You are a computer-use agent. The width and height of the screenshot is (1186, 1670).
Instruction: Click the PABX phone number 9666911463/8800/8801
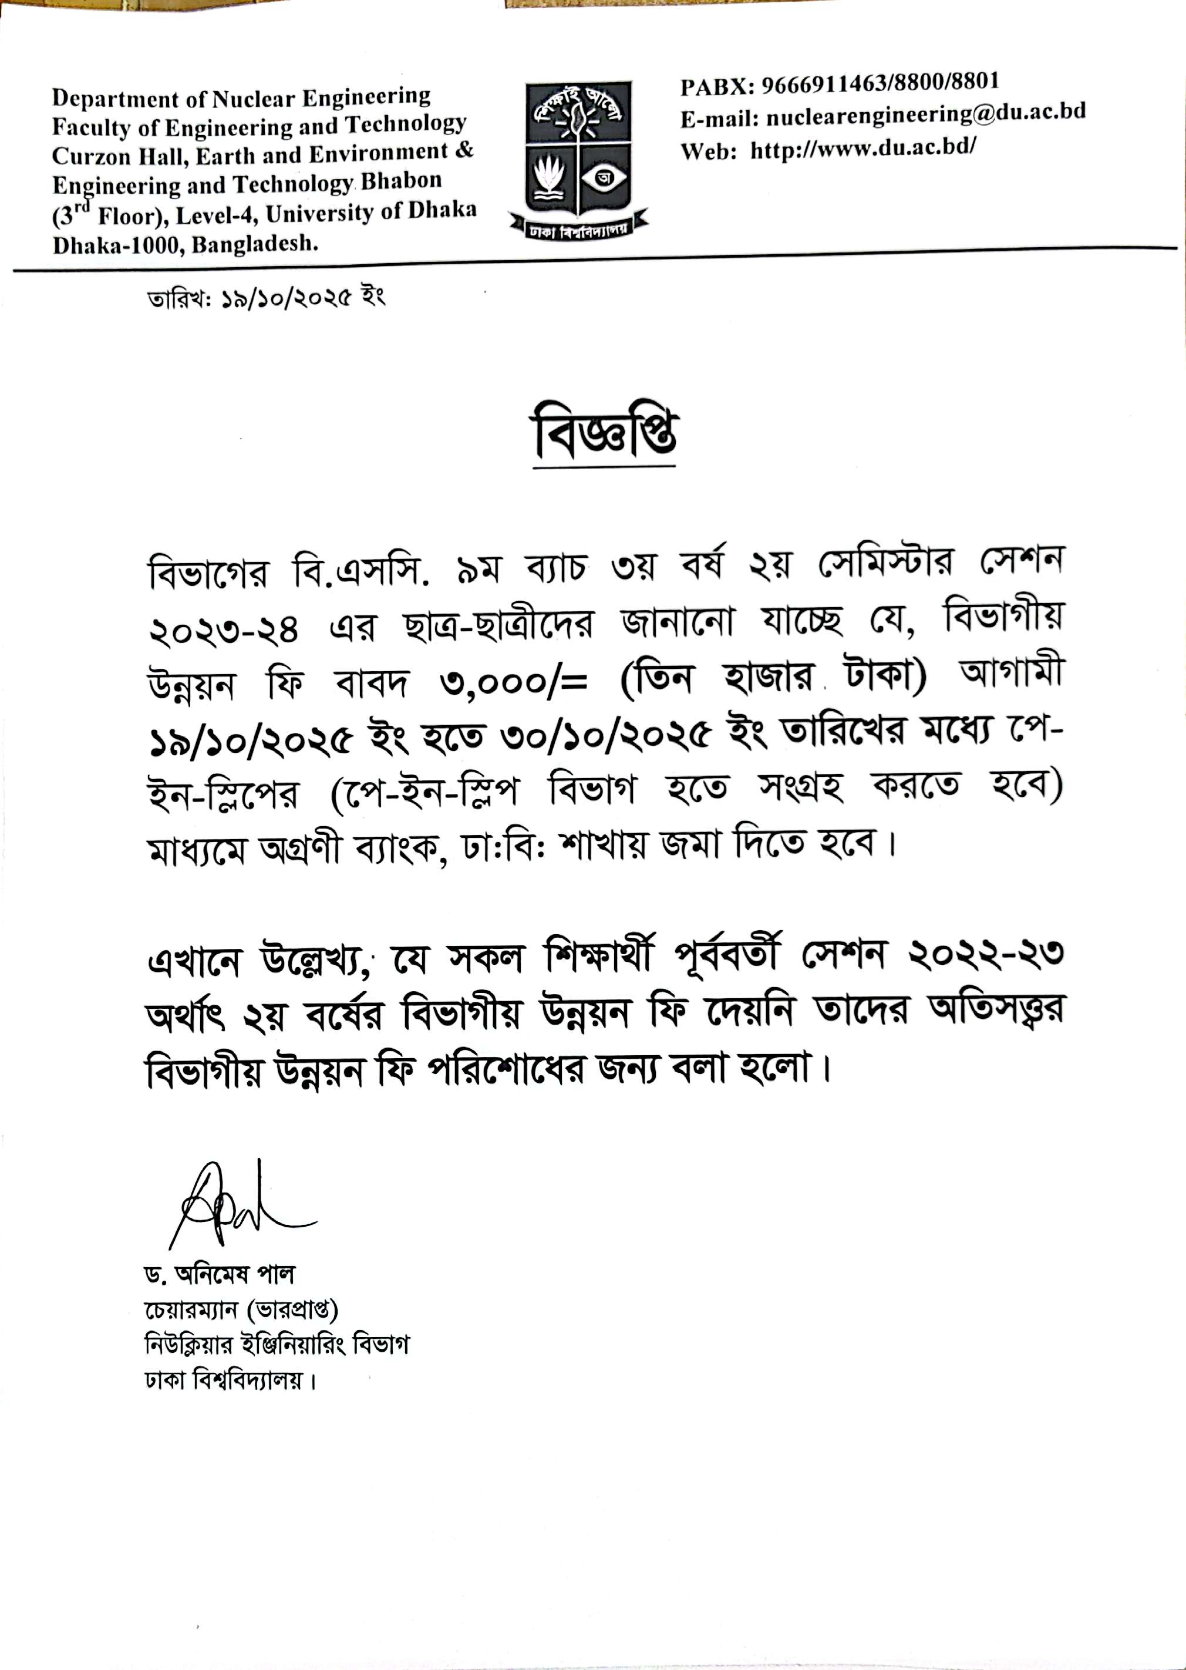[880, 83]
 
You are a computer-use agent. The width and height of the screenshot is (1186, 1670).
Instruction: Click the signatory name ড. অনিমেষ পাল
[220, 1275]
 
